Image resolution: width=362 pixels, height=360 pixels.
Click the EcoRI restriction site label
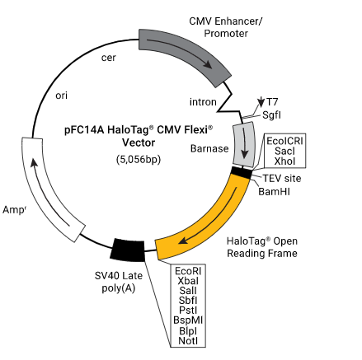click(188, 271)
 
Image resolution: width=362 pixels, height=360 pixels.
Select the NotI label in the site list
click(188, 341)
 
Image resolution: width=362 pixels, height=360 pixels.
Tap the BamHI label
click(274, 191)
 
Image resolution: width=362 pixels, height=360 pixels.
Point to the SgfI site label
click(271, 115)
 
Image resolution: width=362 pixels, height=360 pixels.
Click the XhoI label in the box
click(284, 161)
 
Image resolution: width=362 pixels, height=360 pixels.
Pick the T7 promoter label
click(272, 102)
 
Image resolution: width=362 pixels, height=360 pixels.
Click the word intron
click(203, 102)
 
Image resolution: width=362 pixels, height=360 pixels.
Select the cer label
click(109, 58)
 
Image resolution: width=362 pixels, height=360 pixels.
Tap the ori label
click(61, 96)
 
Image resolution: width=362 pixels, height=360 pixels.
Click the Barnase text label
click(209, 148)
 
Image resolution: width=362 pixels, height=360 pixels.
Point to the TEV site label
click(282, 179)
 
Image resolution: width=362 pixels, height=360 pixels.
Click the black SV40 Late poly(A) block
click(128, 250)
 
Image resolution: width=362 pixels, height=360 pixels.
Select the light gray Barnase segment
click(244, 144)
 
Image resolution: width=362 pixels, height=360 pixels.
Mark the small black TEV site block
click(241, 173)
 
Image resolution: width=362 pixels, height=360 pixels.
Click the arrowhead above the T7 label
click(261, 103)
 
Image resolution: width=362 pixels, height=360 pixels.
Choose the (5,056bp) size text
click(139, 159)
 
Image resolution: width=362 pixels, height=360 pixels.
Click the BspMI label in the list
click(188, 320)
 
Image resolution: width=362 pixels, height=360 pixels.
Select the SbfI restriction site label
click(188, 301)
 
